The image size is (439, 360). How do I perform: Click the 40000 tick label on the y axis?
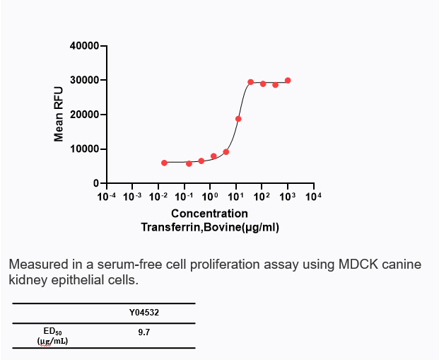pyautogui.click(x=85, y=46)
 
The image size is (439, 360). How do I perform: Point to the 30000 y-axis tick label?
pyautogui.click(x=85, y=81)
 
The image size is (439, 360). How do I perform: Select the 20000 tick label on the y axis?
pyautogui.click(x=85, y=115)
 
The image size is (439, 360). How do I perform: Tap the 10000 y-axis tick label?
pyautogui.click(x=85, y=149)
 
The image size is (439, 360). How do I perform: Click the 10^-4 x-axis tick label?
pyautogui.click(x=106, y=195)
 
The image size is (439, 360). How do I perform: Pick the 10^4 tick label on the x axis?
pyautogui.click(x=313, y=195)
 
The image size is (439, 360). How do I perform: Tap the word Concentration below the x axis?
pyautogui.click(x=209, y=213)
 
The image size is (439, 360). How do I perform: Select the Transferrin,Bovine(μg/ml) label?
pyautogui.click(x=210, y=227)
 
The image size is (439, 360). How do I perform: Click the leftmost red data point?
pyautogui.click(x=164, y=163)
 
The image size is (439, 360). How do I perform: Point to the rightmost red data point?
pyautogui.click(x=288, y=81)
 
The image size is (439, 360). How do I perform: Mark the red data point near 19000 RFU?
pyautogui.click(x=238, y=119)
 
